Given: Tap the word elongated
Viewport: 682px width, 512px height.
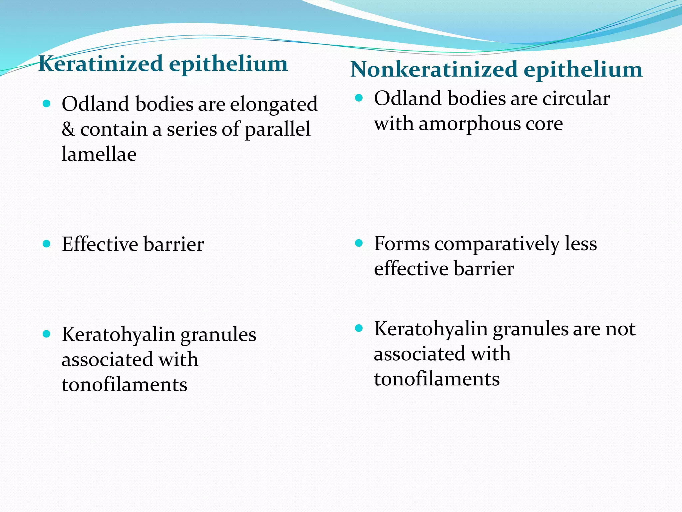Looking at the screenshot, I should click(273, 104).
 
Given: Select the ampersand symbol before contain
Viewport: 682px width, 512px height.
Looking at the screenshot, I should click(68, 129).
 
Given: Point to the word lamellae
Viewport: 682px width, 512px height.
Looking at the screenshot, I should click(99, 154).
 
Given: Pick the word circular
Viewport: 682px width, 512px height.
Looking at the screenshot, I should click(576, 99).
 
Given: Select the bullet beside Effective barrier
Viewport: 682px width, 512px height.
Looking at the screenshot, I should click(47, 244).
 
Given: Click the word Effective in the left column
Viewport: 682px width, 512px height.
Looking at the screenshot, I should click(100, 244).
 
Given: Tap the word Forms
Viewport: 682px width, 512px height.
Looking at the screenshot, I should click(402, 243).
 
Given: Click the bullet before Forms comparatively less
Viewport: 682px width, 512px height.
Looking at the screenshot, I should click(359, 243).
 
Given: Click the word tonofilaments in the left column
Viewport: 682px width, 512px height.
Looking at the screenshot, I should click(124, 385).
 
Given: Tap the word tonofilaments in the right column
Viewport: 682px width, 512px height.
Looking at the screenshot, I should click(437, 379).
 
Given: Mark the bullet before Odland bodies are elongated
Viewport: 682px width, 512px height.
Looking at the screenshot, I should click(47, 104).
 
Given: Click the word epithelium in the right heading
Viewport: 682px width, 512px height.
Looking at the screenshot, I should click(583, 70).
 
